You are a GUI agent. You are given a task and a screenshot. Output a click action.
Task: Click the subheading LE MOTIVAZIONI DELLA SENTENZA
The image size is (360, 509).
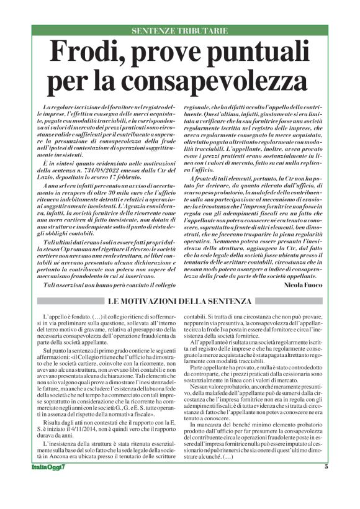[x=179, y=301]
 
